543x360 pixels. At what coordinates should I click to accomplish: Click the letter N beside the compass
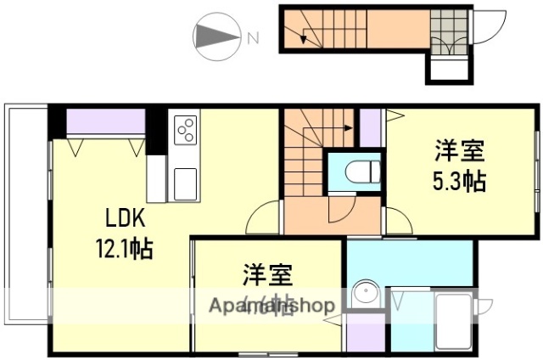(x=252, y=37)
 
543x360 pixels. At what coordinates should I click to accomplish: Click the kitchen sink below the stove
(x=184, y=182)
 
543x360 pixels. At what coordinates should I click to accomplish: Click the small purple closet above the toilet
(x=371, y=128)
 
